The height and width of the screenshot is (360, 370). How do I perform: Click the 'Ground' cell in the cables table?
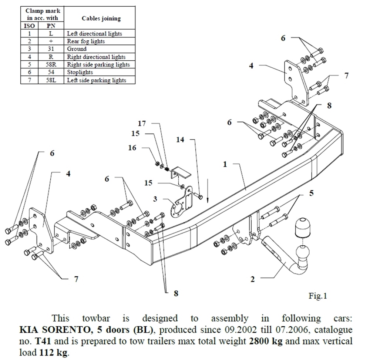pos(77,49)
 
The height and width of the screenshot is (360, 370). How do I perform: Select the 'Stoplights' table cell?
pos(80,72)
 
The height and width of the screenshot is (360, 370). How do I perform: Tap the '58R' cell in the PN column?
pos(51,64)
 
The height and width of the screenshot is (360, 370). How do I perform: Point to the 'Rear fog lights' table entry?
pos(85,41)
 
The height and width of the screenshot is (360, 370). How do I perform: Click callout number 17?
pos(142,123)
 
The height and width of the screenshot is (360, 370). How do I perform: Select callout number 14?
pos(180,140)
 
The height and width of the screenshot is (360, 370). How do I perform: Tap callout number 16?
pos(132,148)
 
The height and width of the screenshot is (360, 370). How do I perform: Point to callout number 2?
pos(253,279)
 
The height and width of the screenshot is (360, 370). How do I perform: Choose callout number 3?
pos(155,199)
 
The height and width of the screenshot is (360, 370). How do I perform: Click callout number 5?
pos(311,193)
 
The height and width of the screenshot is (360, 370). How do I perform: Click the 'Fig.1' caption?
pos(318,296)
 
